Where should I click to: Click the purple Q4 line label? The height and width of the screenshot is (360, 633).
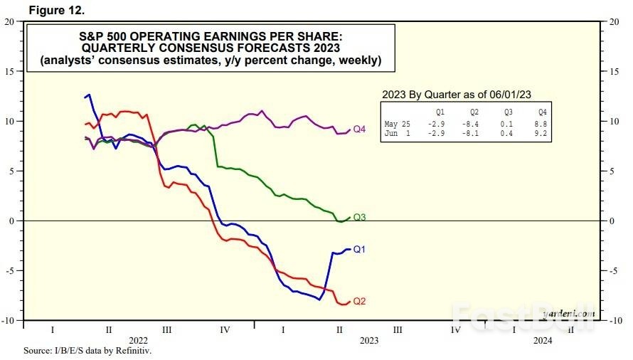click(x=359, y=129)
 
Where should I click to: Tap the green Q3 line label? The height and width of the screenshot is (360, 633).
click(x=359, y=217)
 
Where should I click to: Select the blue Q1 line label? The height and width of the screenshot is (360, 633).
click(x=359, y=250)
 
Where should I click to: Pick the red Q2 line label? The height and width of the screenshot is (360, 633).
click(x=359, y=301)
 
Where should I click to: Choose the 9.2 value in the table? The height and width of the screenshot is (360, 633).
click(x=544, y=133)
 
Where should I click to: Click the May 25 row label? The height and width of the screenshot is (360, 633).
click(x=396, y=125)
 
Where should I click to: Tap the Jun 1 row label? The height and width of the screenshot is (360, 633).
click(x=396, y=133)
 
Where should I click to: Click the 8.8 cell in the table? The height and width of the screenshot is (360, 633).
click(x=544, y=125)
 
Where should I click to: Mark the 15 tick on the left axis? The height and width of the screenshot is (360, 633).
click(x=9, y=71)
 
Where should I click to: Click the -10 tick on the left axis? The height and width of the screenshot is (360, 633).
click(x=8, y=320)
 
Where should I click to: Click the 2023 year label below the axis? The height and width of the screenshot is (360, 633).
click(x=369, y=341)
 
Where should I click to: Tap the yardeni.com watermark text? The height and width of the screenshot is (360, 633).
click(x=569, y=312)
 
